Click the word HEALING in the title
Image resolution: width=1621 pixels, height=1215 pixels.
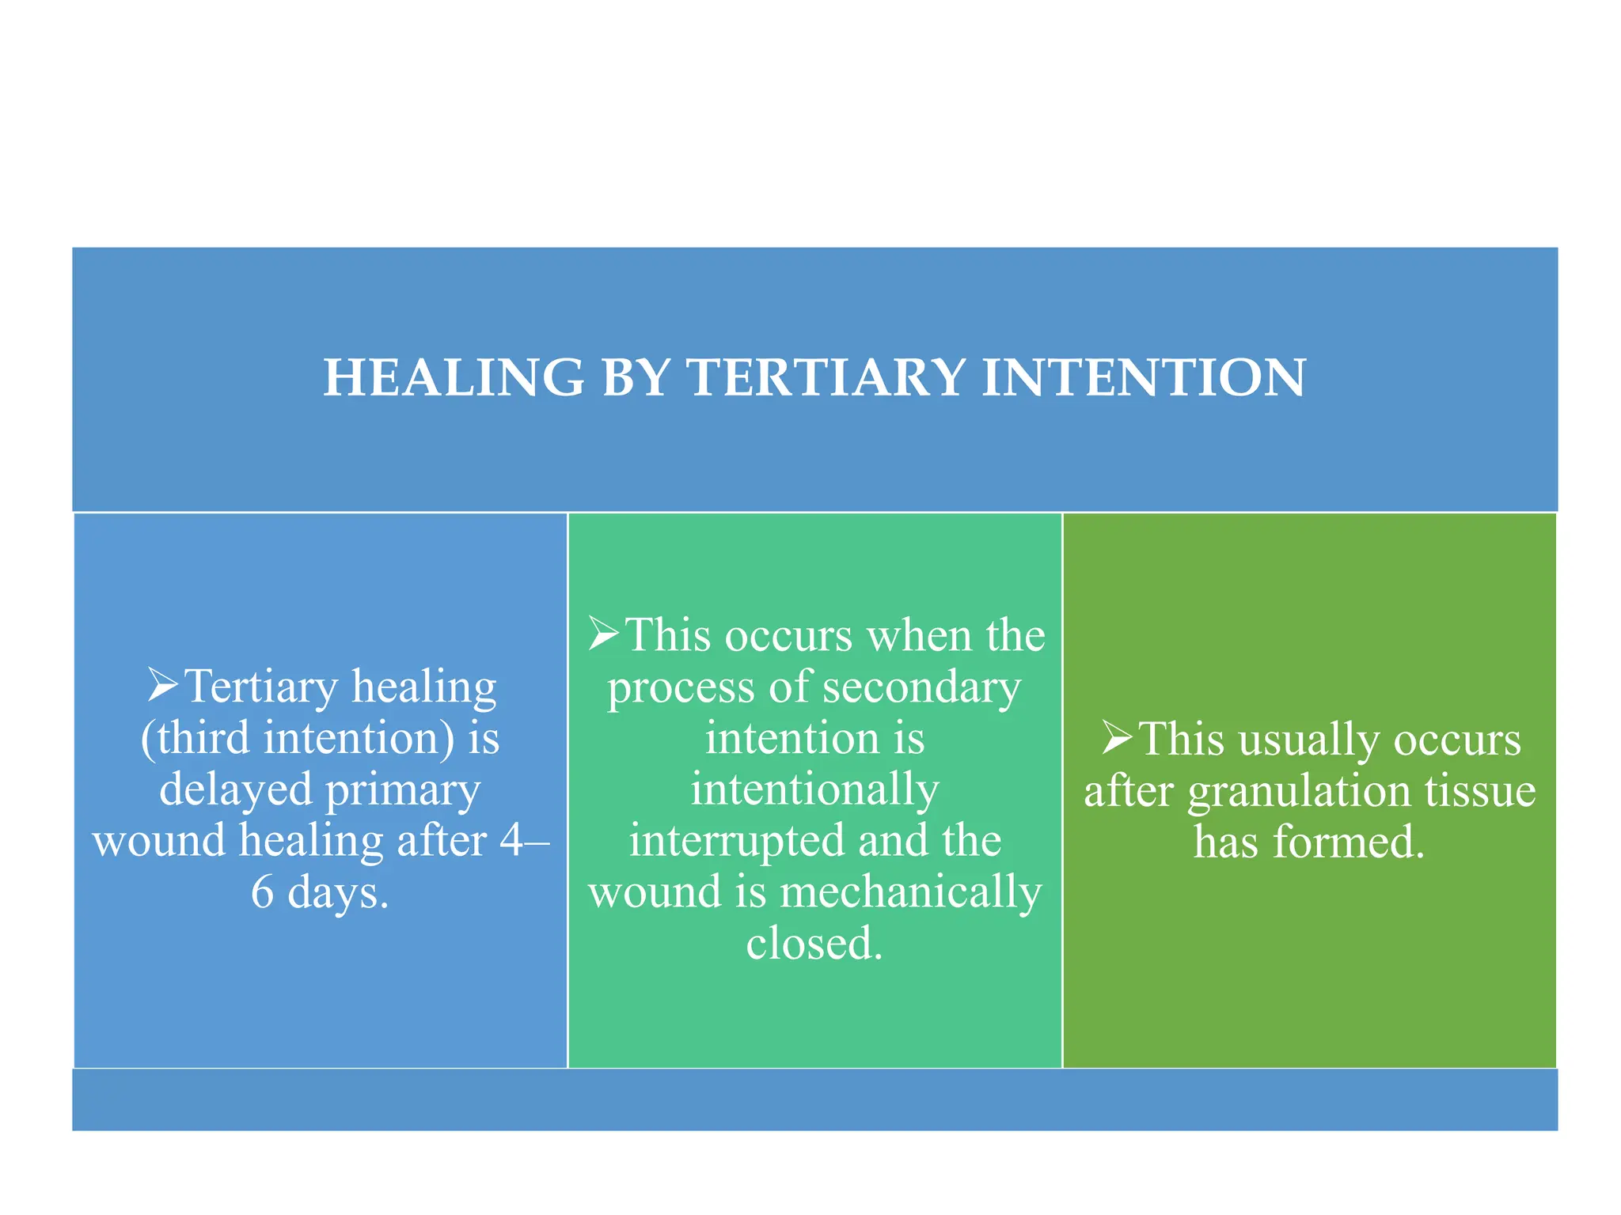tap(454, 378)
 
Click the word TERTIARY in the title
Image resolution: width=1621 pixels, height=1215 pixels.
tap(826, 378)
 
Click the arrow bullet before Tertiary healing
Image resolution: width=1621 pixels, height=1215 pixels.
tap(163, 685)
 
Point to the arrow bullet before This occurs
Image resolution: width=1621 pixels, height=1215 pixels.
tap(605, 634)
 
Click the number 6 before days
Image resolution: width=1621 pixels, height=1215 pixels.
tap(262, 892)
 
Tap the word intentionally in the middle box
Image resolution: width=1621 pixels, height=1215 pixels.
tap(814, 789)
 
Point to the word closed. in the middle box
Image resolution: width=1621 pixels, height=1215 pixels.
tap(814, 943)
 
